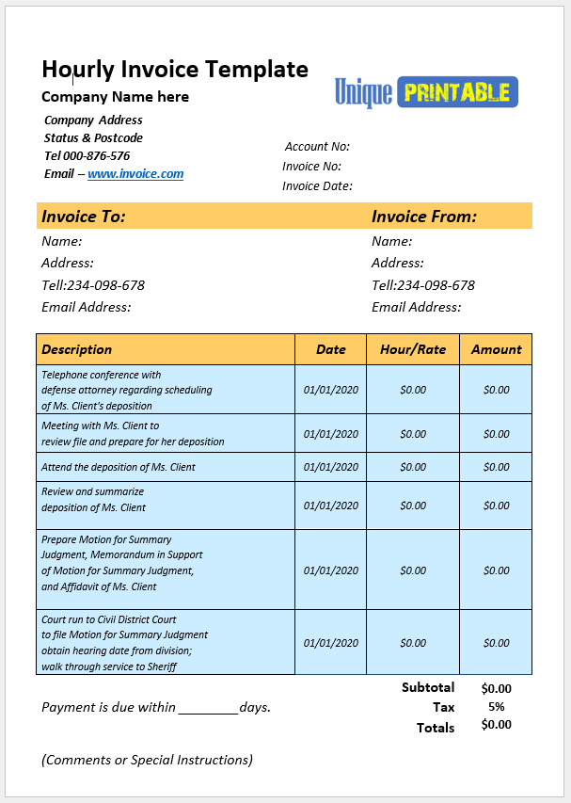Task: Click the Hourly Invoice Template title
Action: click(x=175, y=69)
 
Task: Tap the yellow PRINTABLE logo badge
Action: click(x=457, y=91)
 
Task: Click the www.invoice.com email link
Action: click(x=135, y=174)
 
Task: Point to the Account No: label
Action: click(x=317, y=146)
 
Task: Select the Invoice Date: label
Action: click(x=317, y=185)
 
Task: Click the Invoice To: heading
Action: click(x=84, y=217)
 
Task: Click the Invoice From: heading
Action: click(x=424, y=217)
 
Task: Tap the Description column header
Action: click(x=77, y=349)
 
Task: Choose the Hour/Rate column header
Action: click(x=413, y=349)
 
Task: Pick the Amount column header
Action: click(x=496, y=349)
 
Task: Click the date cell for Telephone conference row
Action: click(x=331, y=390)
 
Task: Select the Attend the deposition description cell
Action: click(x=119, y=467)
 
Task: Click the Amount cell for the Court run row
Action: click(x=496, y=643)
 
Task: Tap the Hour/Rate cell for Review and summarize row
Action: click(x=413, y=506)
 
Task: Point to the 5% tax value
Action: click(x=496, y=707)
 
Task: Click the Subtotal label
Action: click(x=428, y=687)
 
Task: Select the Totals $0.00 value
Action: click(x=496, y=725)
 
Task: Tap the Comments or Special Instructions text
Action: click(x=147, y=760)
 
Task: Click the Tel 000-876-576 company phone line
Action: click(x=87, y=156)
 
